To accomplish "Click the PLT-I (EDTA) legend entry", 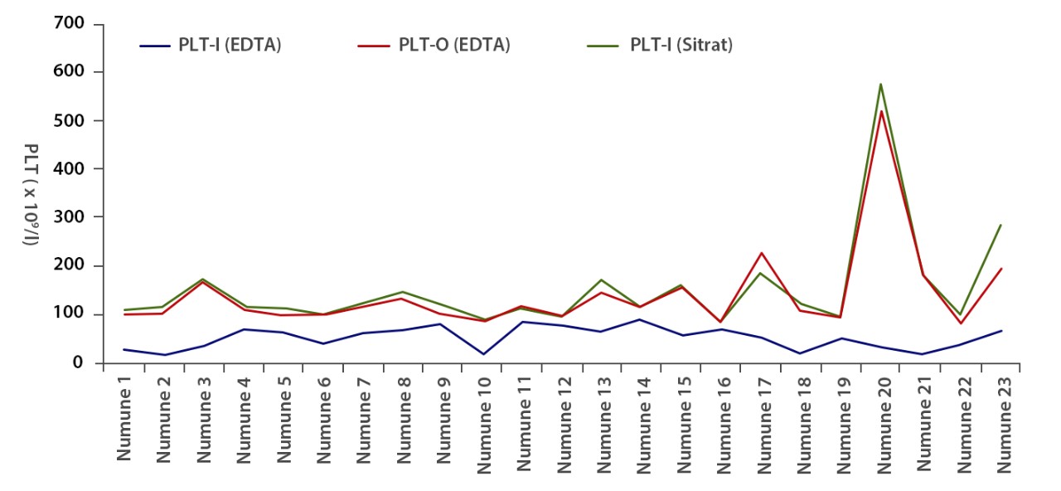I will pyautogui.click(x=211, y=46).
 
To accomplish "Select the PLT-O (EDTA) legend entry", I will pyautogui.click(x=439, y=46).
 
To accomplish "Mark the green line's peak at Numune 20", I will pyautogui.click(x=879, y=84).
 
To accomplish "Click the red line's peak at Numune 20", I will pyautogui.click(x=879, y=111).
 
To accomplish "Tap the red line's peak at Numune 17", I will pyautogui.click(x=761, y=253).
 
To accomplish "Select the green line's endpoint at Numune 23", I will pyautogui.click(x=1001, y=225).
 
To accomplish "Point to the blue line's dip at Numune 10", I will pyautogui.click(x=483, y=354).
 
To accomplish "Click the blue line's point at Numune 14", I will pyautogui.click(x=642, y=319).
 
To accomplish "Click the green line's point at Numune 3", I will pyautogui.click(x=204, y=280).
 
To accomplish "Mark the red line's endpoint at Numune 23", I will pyautogui.click(x=1001, y=269).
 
